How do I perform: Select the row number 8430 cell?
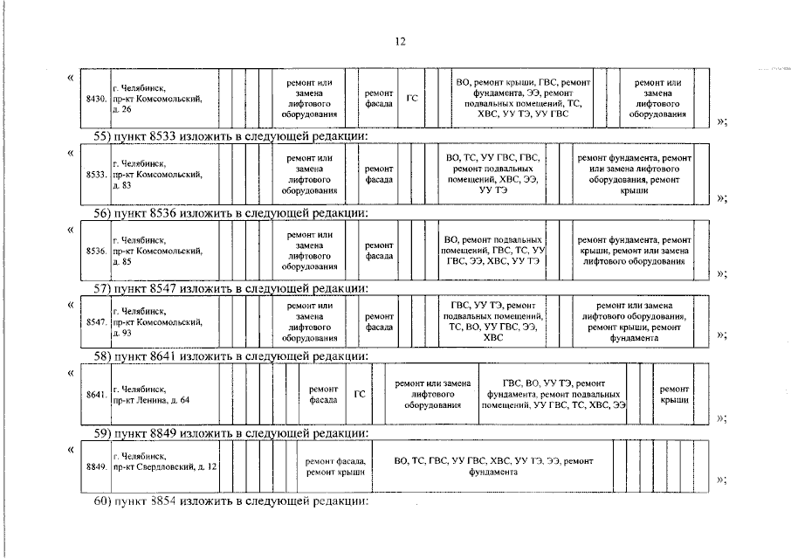tap(96, 99)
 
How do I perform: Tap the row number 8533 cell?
tap(96, 175)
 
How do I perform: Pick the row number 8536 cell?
tap(96, 251)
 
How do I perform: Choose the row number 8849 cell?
tap(96, 466)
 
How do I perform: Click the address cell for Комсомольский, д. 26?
tap(164, 99)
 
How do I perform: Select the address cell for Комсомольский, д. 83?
tap(164, 175)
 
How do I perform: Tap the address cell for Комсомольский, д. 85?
tap(164, 251)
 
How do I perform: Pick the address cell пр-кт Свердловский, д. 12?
tap(164, 466)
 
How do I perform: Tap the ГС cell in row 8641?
tap(360, 395)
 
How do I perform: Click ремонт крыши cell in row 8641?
tap(674, 395)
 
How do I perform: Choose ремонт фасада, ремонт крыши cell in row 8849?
tap(336, 466)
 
